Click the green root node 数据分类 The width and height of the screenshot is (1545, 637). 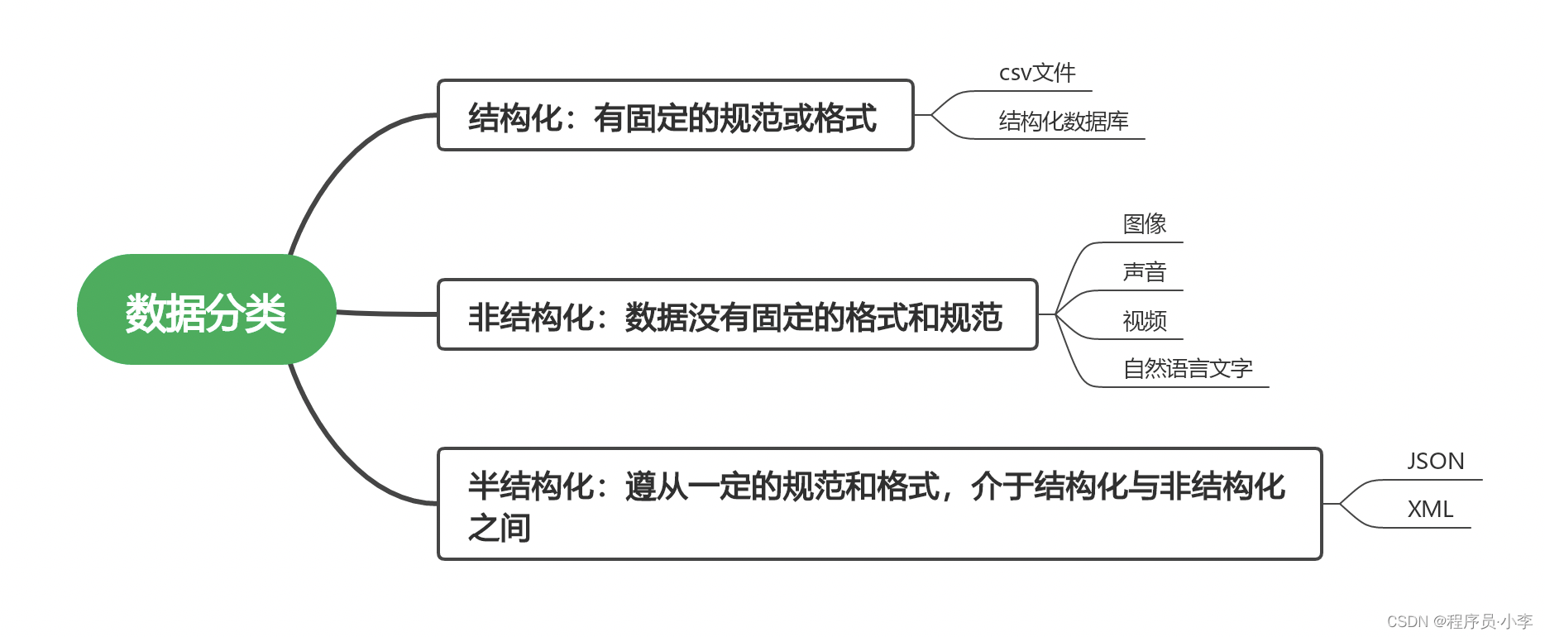coord(206,310)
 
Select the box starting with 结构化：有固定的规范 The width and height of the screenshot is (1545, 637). coord(674,116)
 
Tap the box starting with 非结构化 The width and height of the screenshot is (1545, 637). coord(736,315)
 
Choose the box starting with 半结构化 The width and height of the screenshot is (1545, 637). coord(878,503)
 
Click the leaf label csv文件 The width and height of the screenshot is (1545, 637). coord(1037,73)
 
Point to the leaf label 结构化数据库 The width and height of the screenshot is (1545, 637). coord(1063,122)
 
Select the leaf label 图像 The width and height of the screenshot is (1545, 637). coord(1144,223)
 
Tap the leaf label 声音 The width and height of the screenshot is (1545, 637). coord(1144,272)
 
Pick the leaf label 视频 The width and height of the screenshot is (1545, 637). coord(1144,321)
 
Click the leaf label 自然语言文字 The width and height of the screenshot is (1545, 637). coord(1187,369)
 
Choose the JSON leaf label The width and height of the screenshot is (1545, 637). coord(1435,462)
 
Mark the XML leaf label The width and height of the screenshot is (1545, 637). coord(1430,510)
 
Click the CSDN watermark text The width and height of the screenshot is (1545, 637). coord(1459,621)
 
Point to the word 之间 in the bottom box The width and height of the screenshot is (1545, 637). coord(499,528)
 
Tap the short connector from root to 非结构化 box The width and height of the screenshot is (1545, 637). coord(386,314)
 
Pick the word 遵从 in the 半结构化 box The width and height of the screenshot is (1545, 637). coord(657,486)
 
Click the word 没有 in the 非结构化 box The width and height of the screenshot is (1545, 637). coord(720,318)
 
